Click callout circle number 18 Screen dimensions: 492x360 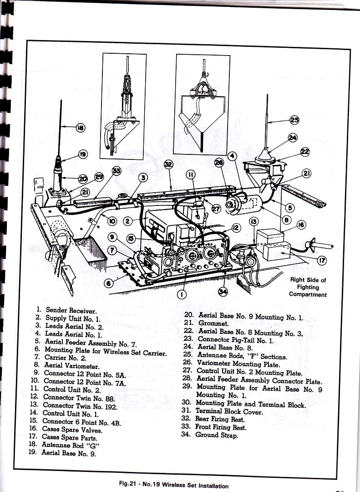80,128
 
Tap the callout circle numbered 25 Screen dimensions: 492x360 295,120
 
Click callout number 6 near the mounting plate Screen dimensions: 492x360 108,283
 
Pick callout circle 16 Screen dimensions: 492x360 301,225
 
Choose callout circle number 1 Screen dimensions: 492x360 181,294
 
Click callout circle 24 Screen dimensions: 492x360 292,138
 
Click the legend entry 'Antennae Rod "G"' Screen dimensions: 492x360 70,445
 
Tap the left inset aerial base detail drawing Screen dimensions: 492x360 123,106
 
